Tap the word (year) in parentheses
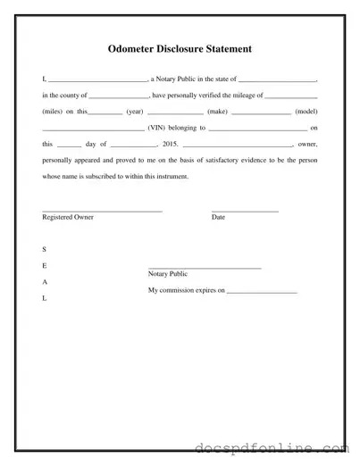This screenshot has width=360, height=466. point(135,112)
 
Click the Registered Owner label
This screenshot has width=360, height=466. point(68,217)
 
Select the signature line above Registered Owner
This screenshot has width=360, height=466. point(102,211)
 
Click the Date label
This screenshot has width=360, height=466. point(218,217)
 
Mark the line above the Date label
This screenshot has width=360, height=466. point(245,211)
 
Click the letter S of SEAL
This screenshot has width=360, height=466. point(45,249)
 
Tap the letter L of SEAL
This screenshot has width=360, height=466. point(45,297)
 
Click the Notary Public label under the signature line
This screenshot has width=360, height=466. point(167,274)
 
